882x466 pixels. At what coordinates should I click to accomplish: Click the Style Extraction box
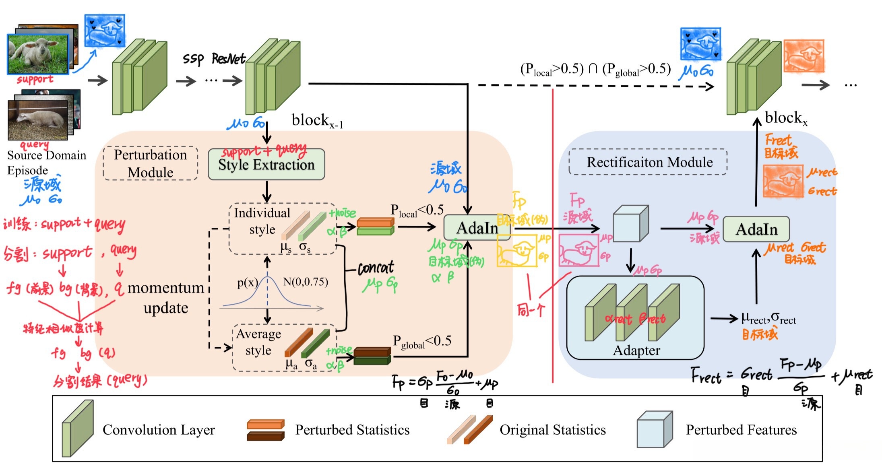pyautogui.click(x=266, y=164)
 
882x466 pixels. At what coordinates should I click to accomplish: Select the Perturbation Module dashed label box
pyautogui.click(x=150, y=163)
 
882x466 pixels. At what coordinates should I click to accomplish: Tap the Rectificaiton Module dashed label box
pyautogui.click(x=648, y=162)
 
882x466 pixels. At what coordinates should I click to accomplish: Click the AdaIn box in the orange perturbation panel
pyautogui.click(x=477, y=228)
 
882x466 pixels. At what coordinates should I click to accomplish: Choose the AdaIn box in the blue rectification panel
pyautogui.click(x=756, y=229)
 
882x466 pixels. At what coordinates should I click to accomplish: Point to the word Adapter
pyautogui.click(x=636, y=351)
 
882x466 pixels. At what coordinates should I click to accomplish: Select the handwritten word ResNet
pyautogui.click(x=228, y=59)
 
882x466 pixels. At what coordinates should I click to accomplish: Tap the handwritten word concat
pyautogui.click(x=376, y=268)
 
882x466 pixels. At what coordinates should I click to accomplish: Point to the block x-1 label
pyautogui.click(x=317, y=120)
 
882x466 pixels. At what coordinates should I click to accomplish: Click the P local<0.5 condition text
pyautogui.click(x=417, y=210)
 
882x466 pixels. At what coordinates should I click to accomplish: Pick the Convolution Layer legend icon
pyautogui.click(x=77, y=429)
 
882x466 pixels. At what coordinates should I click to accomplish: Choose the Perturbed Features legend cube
pyautogui.click(x=654, y=429)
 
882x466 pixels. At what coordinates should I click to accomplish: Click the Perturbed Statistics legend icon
pyautogui.click(x=265, y=430)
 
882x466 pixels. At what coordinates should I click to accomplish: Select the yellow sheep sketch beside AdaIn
pyautogui.click(x=517, y=251)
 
